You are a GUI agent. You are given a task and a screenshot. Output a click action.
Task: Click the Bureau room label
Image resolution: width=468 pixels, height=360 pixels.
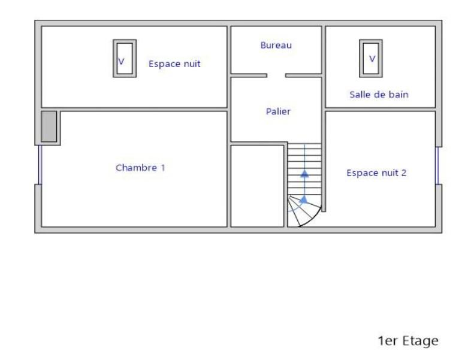point(276,46)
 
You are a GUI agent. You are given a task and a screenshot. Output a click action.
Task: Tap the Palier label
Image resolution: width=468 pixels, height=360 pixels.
point(278,111)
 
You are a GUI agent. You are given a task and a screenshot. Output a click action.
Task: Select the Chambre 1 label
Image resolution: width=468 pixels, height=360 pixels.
point(140,168)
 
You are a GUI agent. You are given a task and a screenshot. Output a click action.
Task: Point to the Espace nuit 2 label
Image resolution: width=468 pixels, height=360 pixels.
point(376,173)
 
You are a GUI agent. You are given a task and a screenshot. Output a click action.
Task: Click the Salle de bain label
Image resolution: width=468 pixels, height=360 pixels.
point(379,95)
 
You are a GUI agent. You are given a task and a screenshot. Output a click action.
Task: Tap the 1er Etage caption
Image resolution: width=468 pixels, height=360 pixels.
point(408,341)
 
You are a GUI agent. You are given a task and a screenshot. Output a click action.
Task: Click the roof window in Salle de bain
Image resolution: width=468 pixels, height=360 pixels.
point(371,58)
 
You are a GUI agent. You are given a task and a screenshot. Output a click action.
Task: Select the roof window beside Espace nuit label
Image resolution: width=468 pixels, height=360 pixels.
point(125,58)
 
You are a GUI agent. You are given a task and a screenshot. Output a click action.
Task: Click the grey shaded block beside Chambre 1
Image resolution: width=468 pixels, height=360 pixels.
point(49,126)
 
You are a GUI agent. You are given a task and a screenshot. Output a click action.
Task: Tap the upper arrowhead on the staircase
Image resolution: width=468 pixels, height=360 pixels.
point(304,174)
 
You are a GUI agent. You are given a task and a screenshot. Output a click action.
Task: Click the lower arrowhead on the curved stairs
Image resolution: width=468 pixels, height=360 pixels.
point(303,200)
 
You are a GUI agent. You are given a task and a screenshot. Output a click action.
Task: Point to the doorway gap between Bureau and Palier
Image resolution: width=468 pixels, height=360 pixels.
point(276,75)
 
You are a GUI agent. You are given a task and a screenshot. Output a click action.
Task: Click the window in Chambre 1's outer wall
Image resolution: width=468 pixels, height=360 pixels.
point(40,165)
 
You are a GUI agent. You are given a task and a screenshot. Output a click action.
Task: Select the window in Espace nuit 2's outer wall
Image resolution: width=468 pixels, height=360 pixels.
point(437,166)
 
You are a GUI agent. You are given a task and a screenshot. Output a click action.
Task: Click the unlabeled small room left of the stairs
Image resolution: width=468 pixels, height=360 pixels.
point(257,186)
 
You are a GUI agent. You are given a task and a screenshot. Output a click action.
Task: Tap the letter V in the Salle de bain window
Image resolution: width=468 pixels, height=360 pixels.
point(372,59)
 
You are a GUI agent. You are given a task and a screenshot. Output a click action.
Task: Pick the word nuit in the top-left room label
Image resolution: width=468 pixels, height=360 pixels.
point(190,63)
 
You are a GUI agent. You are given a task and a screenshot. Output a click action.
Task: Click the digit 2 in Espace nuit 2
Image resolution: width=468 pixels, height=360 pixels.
point(404,173)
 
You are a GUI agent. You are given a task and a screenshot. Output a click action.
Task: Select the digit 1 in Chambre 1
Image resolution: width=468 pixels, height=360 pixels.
point(163,168)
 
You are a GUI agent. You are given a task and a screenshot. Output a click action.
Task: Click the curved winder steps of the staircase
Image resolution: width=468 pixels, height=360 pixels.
point(303,210)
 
